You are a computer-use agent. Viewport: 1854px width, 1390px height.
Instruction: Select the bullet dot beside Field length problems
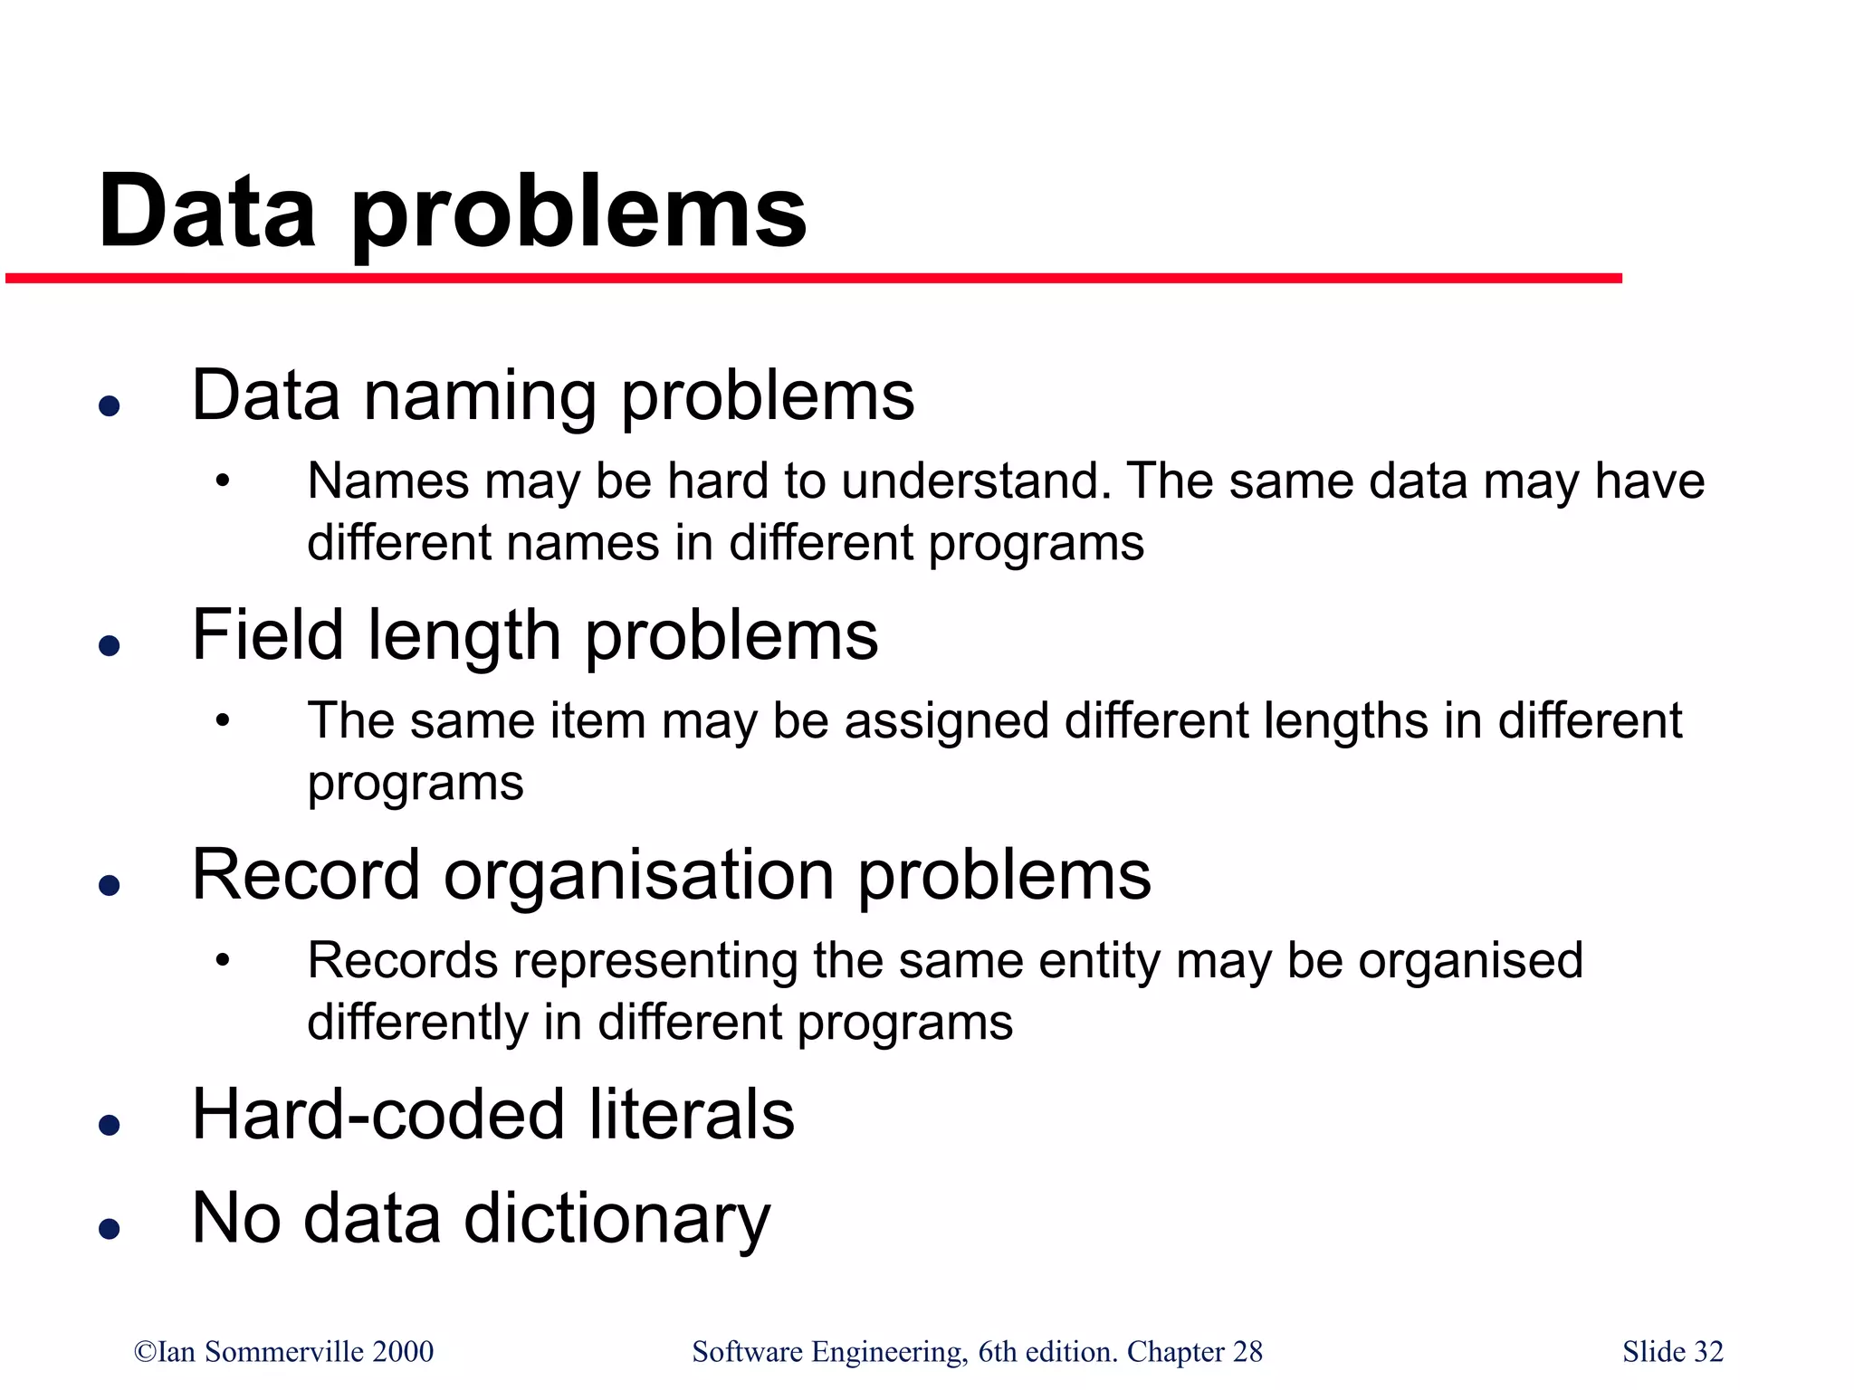click(x=110, y=644)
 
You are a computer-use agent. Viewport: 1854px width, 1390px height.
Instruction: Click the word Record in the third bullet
click(x=306, y=875)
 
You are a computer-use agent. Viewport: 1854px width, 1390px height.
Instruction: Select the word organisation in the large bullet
click(x=639, y=875)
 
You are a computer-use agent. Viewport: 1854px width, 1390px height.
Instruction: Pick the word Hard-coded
click(x=379, y=1114)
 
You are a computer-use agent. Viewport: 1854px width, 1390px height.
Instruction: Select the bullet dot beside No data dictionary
click(x=110, y=1228)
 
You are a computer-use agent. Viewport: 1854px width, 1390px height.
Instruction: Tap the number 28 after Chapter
click(x=1247, y=1351)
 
